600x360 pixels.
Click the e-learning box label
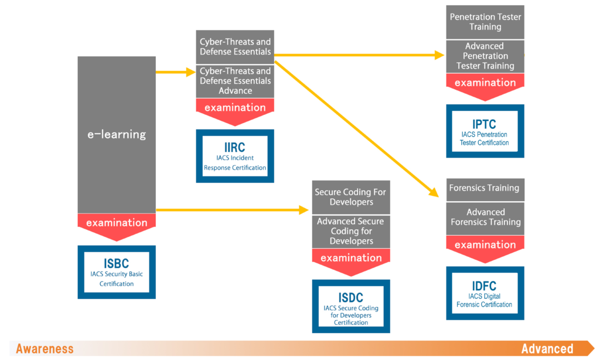117,134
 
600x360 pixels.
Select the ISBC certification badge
117,272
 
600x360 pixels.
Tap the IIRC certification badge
235,156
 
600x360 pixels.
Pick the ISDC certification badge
351,306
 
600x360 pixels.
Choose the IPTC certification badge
485,131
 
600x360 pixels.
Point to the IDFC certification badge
485,293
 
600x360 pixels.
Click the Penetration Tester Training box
485,22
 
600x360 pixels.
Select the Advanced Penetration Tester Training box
485,56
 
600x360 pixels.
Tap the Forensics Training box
485,189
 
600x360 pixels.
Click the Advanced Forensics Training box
485,218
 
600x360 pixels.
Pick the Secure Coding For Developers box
351,197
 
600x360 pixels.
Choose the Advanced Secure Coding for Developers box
351,232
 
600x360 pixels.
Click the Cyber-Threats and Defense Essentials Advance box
235,81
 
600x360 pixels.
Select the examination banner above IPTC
485,87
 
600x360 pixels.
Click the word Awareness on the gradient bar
45,349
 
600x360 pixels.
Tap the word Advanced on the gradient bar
547,349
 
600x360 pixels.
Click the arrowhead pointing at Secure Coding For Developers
304,210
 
